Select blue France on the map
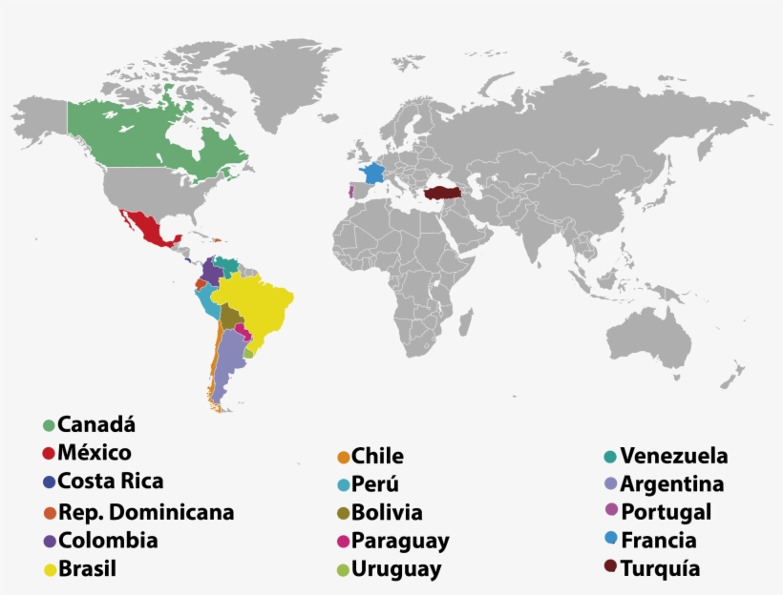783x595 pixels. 371,174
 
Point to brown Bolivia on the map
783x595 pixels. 230,315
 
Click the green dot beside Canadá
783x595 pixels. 49,424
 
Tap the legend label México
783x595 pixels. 95,453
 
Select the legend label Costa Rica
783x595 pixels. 110,482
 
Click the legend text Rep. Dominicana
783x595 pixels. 146,512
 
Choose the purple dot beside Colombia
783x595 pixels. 49,541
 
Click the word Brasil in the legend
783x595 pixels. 87,570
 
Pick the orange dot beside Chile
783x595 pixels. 343,457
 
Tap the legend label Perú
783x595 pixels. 375,484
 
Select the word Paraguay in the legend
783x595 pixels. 400,542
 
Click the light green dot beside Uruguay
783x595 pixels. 343,570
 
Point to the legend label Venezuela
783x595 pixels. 673,456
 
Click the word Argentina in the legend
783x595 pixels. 671,484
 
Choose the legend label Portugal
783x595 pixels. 666,512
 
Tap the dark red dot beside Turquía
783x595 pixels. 610,568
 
